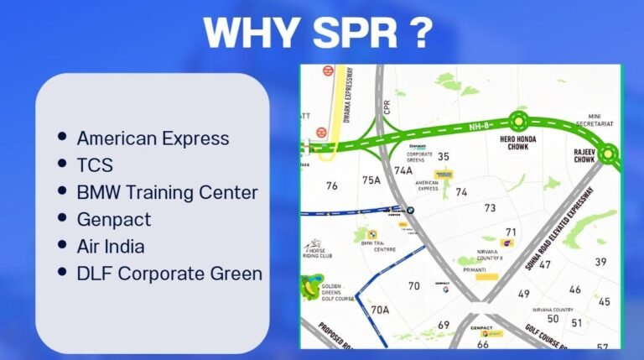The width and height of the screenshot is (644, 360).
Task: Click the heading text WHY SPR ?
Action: pyautogui.click(x=319, y=34)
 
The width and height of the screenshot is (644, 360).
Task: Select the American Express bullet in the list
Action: pyautogui.click(x=153, y=138)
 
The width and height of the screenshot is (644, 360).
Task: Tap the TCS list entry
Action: pyautogui.click(x=95, y=165)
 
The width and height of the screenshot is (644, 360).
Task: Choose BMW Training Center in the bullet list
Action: pyautogui.click(x=167, y=192)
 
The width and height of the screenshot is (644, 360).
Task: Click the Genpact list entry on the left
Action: pyautogui.click(x=114, y=220)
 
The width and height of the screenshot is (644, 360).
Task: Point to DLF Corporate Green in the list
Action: pyautogui.click(x=169, y=274)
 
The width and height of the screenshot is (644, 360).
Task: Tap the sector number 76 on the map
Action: pyautogui.click(x=332, y=185)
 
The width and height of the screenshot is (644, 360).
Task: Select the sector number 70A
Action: pyautogui.click(x=380, y=310)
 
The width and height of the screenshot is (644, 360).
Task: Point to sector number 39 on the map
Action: pyautogui.click(x=600, y=262)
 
